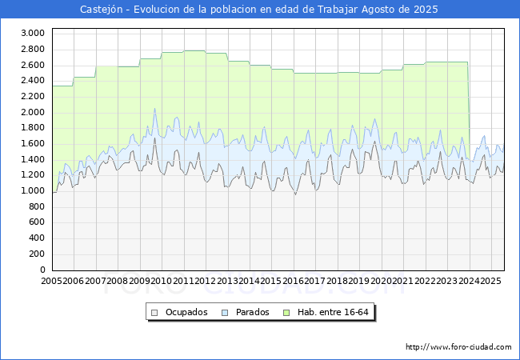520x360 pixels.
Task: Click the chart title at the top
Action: [259, 10]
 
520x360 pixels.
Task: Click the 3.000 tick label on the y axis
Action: [33, 33]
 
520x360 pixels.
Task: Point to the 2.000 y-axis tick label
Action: [33, 112]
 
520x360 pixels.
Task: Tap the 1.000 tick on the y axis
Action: [33, 191]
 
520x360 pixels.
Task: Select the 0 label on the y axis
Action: [42, 270]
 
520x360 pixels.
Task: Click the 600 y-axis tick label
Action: [37, 222]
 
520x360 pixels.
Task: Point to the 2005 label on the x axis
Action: [51, 281]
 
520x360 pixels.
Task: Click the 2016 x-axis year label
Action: [293, 281]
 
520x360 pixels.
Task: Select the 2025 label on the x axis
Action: [490, 281]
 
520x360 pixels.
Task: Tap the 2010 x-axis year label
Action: [161, 281]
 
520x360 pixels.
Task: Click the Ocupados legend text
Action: [186, 312]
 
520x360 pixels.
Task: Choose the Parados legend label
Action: [252, 312]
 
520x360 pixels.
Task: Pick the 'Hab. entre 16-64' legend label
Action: [333, 312]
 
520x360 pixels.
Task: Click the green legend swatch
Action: [286, 313]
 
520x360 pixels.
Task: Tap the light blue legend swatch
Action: [225, 313]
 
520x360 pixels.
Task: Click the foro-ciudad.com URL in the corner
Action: [458, 347]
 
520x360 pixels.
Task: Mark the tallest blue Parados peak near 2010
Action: [154, 108]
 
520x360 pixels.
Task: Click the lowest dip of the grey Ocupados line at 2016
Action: [295, 194]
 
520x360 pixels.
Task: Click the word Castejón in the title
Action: [102, 10]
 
